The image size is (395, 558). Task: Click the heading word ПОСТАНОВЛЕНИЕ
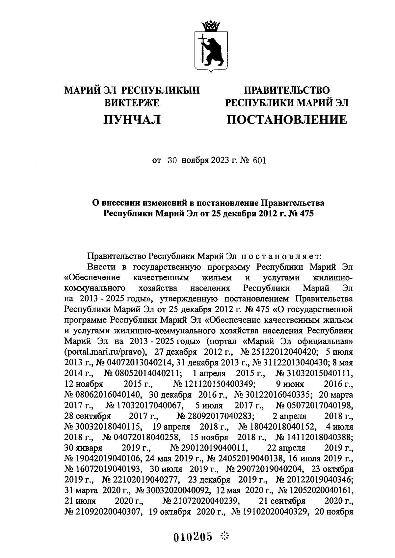[287, 120]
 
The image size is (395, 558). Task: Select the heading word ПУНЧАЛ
[132, 120]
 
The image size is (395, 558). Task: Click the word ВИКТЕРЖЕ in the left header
[132, 103]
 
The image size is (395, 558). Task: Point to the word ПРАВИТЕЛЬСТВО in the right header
[287, 90]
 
